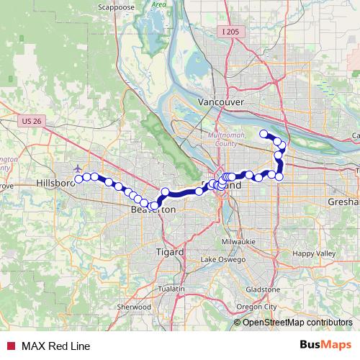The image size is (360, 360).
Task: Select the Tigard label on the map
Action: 170,252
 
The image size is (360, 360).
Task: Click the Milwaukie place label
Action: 238,241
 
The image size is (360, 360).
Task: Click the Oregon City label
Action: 261,307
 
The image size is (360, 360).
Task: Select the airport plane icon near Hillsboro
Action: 77,168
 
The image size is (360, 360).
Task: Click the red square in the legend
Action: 11,346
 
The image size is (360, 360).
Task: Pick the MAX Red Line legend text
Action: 55,346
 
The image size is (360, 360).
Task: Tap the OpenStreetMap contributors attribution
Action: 297,323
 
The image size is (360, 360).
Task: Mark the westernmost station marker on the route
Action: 79,179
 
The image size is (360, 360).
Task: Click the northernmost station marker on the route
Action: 264,132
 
